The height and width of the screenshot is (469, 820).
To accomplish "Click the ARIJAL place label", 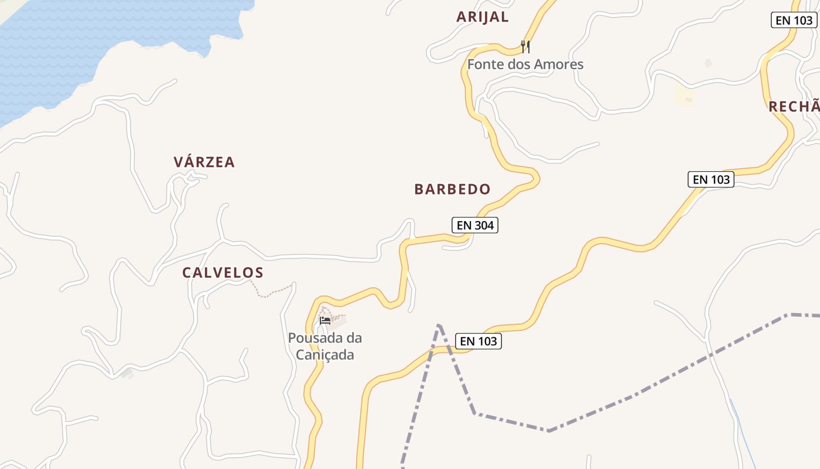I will [x=482, y=17].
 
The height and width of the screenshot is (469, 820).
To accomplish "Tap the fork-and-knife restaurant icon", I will [x=525, y=46].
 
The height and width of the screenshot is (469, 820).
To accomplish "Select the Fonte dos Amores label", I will [x=525, y=64].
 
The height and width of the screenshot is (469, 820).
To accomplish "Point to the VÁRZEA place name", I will [x=204, y=162].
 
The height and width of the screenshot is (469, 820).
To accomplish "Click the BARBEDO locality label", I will [x=452, y=189].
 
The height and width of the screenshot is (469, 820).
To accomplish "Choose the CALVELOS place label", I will [x=223, y=273].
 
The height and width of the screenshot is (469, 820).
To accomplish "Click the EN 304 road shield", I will [x=475, y=225].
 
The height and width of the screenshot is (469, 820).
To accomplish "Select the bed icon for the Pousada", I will [x=325, y=320].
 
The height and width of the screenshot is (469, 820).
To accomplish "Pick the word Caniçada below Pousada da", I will [x=324, y=355].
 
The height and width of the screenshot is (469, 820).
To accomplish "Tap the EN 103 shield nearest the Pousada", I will [x=479, y=341].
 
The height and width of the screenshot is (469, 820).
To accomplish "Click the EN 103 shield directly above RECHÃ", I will [x=794, y=20].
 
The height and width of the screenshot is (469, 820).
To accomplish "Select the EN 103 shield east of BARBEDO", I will [x=711, y=179].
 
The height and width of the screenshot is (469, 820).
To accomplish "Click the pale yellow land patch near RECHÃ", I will [x=684, y=95].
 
